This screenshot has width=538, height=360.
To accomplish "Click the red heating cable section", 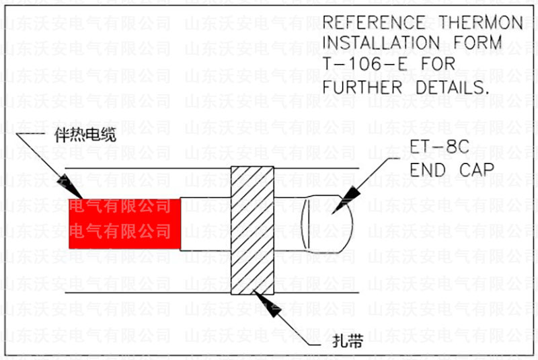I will [125, 223].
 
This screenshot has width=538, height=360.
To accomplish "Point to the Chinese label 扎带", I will [348, 341].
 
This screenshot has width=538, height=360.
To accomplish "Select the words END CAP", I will [450, 170].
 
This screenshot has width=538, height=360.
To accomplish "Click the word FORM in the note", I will [479, 44].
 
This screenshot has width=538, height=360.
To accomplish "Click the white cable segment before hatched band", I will [205, 224].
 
